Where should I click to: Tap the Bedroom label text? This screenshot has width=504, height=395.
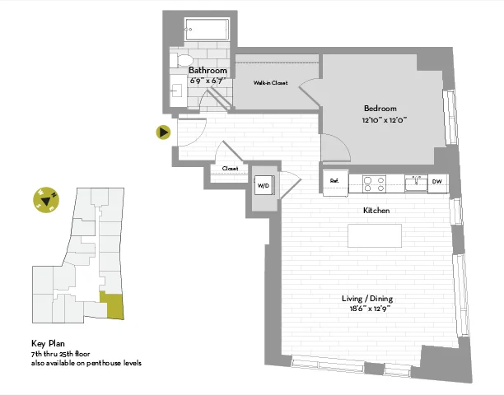coord(380,109)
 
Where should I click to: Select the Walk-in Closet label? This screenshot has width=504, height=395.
coord(269,83)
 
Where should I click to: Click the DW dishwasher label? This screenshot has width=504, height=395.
coord(436,182)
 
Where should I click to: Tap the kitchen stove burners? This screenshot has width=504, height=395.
coord(374,183)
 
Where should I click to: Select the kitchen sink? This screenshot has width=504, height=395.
coord(416,182)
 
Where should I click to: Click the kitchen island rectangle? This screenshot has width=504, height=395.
coord(375,235)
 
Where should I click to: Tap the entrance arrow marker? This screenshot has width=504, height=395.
coord(164,132)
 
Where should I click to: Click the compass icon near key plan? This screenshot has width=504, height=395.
coord(46,199)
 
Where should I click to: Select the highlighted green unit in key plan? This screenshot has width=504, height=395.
coord(110,305)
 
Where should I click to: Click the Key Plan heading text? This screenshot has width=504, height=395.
coord(49,345)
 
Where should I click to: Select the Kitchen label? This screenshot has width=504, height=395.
coord(376,211)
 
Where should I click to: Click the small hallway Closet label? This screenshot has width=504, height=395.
coord(230,169)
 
